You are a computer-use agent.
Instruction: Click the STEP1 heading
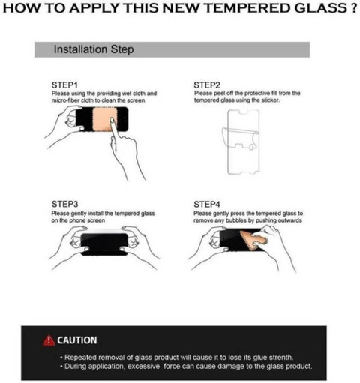click(64, 85)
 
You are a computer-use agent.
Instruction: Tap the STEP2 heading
click(207, 85)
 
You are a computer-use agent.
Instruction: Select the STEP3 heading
click(64, 204)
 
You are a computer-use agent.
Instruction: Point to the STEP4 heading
click(207, 205)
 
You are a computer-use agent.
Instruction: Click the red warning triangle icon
click(49, 340)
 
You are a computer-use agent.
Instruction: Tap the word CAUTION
click(77, 340)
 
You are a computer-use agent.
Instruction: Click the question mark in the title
click(352, 8)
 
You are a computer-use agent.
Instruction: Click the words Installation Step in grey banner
click(94, 49)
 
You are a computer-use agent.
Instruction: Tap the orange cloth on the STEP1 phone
click(102, 119)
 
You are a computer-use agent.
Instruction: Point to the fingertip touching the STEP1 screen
click(112, 121)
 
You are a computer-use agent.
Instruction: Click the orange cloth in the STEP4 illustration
click(253, 239)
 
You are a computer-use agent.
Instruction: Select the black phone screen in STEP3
click(104, 244)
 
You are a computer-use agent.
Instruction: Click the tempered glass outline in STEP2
click(243, 142)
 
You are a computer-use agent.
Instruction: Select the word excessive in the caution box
click(143, 367)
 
